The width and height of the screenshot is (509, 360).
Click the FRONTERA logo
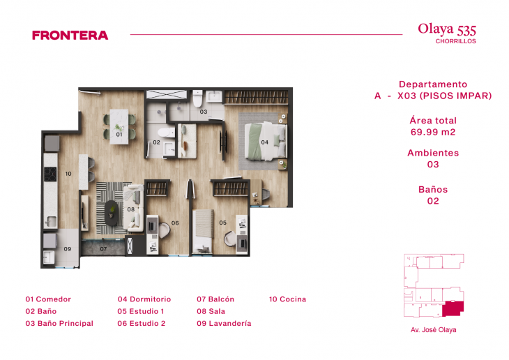[70, 35]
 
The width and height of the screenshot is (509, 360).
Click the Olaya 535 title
[447, 29]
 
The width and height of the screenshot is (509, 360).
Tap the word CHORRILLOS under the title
[455, 42]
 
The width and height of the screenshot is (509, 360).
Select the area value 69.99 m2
[433, 132]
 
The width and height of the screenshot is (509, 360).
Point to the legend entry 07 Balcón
[215, 299]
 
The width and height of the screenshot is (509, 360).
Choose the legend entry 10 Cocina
[287, 299]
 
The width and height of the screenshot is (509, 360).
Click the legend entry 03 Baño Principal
[59, 324]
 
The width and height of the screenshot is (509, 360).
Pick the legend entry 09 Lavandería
[224, 324]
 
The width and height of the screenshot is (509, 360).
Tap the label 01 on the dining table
[119, 135]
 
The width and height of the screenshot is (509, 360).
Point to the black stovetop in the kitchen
[50, 174]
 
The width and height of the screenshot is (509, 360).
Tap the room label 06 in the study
[175, 223]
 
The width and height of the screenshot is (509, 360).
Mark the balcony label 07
[103, 248]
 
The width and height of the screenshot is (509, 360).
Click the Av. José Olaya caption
[433, 330]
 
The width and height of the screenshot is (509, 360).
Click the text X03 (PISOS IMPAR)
[444, 96]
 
